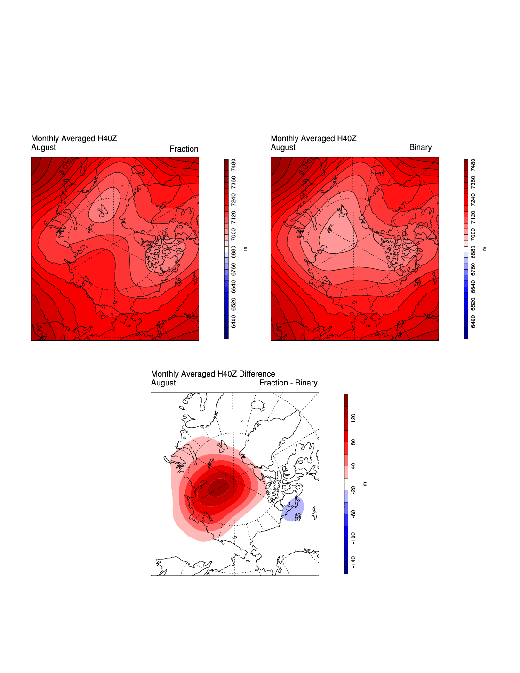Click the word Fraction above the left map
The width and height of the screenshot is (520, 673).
[184, 149]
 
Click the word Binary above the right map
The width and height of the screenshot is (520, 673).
[420, 147]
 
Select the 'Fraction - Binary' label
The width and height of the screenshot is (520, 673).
[288, 383]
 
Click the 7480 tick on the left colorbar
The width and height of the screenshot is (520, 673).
[233, 165]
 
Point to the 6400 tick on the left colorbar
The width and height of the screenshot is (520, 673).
[233, 321]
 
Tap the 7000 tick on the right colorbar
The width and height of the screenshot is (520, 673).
[473, 234]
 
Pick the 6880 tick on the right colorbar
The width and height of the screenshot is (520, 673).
[473, 252]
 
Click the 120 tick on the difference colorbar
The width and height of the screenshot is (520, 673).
[353, 417]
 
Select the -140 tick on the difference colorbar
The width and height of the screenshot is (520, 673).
[353, 561]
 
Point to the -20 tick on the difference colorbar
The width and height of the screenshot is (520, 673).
[353, 490]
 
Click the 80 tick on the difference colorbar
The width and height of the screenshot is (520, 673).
[353, 442]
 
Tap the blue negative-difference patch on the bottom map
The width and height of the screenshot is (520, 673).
[293, 509]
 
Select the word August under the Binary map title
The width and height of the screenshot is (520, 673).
[283, 147]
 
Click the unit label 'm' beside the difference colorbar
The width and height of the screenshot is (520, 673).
[365, 484]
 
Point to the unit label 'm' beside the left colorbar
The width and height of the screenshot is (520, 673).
[245, 248]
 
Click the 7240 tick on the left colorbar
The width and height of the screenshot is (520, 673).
[233, 200]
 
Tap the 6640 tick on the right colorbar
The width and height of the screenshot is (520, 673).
[473, 286]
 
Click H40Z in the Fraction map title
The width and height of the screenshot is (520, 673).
[107, 138]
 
